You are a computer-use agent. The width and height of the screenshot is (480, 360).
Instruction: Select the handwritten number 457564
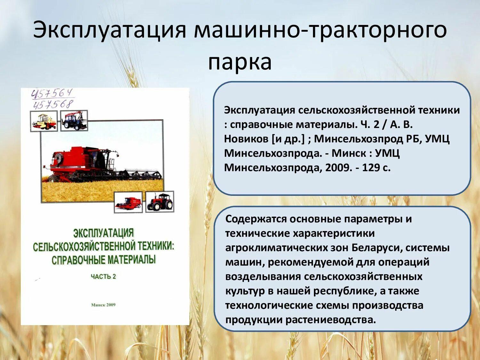[x=52, y=94]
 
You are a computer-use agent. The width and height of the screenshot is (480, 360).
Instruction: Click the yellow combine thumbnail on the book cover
[x=44, y=121]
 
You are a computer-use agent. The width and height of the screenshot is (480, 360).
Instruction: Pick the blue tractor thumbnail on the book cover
[x=74, y=121]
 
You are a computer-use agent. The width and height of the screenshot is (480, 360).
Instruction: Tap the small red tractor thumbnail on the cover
[x=160, y=202]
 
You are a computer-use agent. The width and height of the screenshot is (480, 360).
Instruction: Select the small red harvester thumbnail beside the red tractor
[x=128, y=203]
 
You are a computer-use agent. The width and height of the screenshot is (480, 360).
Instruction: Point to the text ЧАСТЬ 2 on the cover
[x=103, y=276]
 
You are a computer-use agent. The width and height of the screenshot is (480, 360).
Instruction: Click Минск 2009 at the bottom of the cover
[x=103, y=305]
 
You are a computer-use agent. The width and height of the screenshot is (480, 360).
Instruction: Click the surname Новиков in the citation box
[x=246, y=139]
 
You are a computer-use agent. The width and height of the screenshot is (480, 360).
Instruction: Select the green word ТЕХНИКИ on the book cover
[x=156, y=246]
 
